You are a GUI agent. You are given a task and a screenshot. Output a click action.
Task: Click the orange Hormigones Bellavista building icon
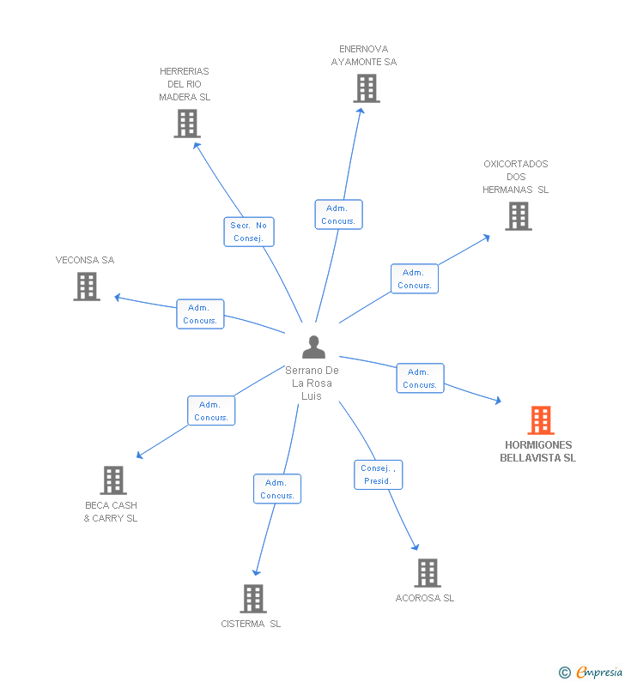pos(540,420)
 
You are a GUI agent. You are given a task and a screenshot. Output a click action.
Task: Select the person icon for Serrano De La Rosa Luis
pos(314,347)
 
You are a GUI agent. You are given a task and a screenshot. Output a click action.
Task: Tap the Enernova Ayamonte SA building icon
pos(367,88)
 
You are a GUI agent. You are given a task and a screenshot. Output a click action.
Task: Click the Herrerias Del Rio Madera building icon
pos(186,124)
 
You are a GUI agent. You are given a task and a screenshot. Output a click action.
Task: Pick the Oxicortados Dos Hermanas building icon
pos(519,216)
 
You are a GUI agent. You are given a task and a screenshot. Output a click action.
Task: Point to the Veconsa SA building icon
pos(87,287)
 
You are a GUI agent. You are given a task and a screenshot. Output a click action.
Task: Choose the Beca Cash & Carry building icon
pos(113,480)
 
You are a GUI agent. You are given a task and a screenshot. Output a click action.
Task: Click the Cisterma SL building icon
pos(253,599)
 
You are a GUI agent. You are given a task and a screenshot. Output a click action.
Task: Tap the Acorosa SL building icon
pos(428,573)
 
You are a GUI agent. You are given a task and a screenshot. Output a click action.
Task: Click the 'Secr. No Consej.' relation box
pos(249,232)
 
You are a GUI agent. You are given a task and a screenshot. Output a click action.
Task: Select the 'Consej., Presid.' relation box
pos(379,474)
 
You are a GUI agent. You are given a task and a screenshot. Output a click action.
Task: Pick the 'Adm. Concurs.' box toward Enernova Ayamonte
pos(338,214)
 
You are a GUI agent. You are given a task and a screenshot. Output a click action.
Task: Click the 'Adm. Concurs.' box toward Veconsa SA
pos(200,314)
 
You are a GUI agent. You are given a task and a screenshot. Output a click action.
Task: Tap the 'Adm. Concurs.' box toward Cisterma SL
pos(277,489)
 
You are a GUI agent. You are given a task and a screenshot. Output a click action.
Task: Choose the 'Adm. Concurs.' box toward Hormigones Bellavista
pos(420,378)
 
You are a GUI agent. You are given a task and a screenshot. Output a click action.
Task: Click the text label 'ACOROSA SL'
pos(425,598)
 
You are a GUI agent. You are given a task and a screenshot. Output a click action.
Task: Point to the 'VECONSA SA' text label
pos(85,260)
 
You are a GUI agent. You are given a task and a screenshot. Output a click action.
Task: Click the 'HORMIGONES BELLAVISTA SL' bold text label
pos(538,451)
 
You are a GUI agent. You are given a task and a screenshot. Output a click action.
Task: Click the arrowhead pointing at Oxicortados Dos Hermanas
pos(487,236)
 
